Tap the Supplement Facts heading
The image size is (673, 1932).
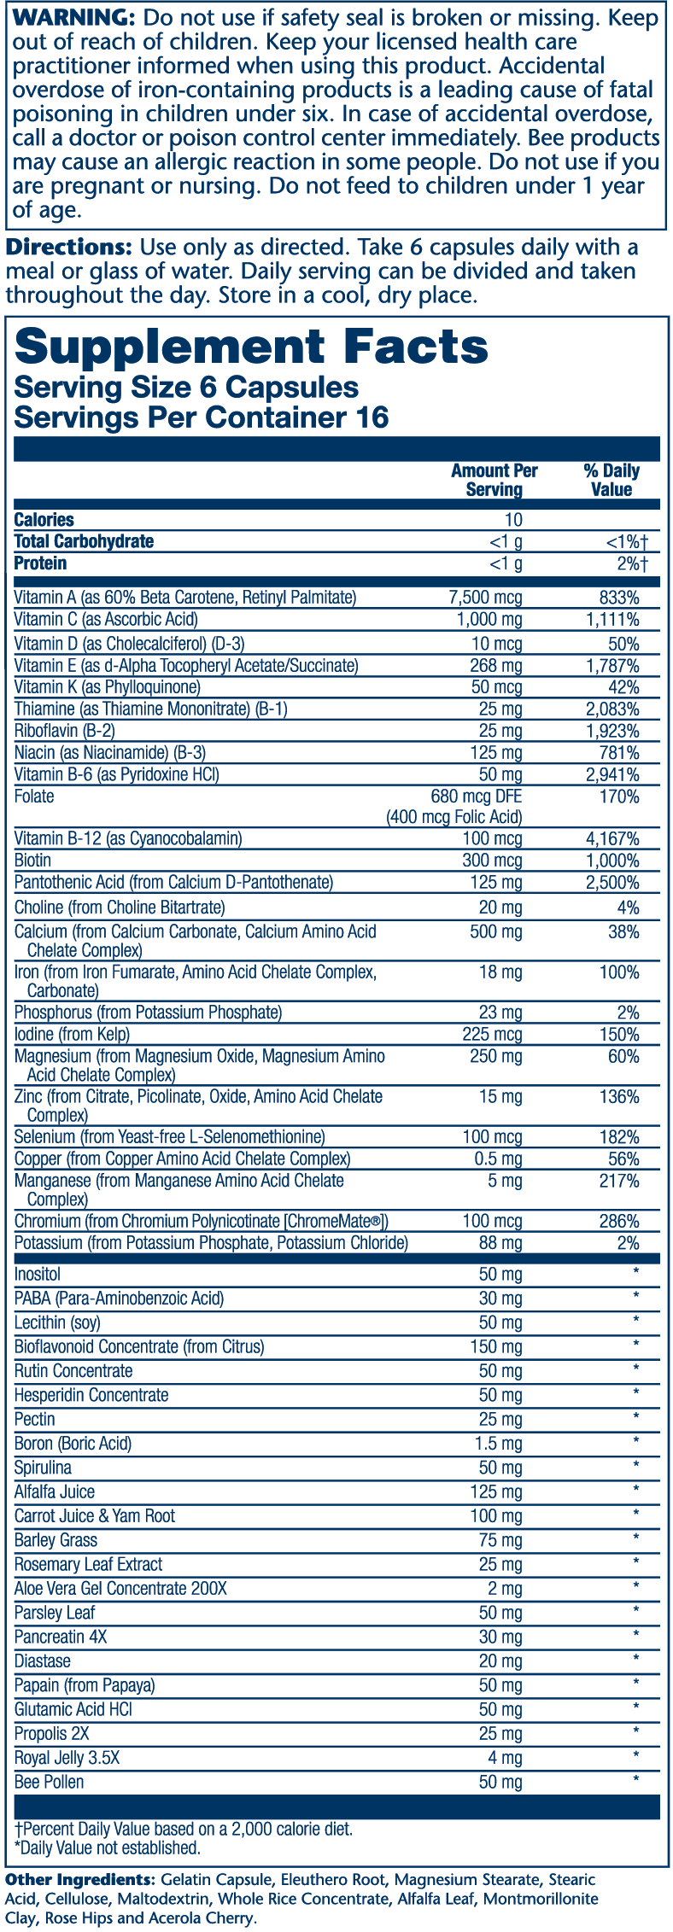pyautogui.click(x=251, y=347)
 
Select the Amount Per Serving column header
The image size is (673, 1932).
pyautogui.click(x=495, y=480)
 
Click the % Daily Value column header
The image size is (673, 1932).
pyautogui.click(x=612, y=480)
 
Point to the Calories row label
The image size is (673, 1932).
pyautogui.click(x=44, y=520)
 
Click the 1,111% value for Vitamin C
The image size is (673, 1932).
pyautogui.click(x=612, y=620)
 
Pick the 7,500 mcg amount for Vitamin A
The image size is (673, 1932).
pyautogui.click(x=486, y=598)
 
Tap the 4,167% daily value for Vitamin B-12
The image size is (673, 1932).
pyautogui.click(x=612, y=838)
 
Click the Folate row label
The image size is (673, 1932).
pyautogui.click(x=34, y=797)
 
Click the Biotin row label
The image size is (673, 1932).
pyautogui.click(x=32, y=861)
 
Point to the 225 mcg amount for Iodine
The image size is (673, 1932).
pyautogui.click(x=496, y=1035)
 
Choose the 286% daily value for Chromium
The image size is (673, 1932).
pyautogui.click(x=619, y=1222)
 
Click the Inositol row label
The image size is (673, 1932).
pyautogui.click(x=38, y=1275)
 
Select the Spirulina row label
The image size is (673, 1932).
pyautogui.click(x=43, y=1468)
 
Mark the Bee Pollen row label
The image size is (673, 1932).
pyautogui.click(x=49, y=1782)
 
